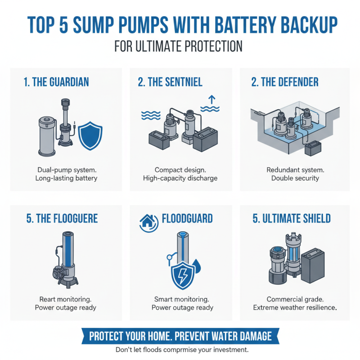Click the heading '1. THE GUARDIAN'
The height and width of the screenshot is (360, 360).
(56, 82)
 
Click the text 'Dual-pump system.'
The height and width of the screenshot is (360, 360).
(66, 170)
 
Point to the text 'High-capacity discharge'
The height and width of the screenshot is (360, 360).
(180, 178)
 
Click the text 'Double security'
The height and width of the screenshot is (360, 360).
(295, 178)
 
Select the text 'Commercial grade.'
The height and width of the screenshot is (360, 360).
(295, 299)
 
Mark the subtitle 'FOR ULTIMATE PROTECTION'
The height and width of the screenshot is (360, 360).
(179, 46)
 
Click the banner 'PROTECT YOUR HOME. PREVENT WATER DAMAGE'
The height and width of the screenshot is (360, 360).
(180, 336)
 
